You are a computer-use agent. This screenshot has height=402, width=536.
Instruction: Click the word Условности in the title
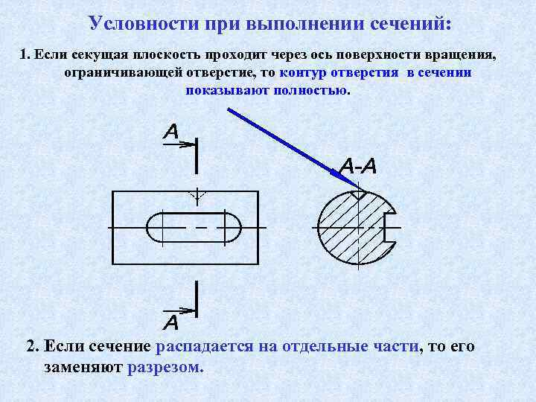pyautogui.click(x=137, y=22)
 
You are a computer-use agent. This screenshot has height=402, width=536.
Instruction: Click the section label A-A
pyautogui.click(x=358, y=166)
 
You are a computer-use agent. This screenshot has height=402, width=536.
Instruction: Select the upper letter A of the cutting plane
pyautogui.click(x=171, y=133)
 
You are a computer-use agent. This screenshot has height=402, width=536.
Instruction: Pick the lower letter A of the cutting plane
pyautogui.click(x=171, y=323)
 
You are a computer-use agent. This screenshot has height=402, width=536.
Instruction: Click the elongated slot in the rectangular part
pyautogui.click(x=194, y=226)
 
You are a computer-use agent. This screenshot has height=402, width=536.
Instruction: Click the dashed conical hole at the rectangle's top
pyautogui.click(x=197, y=197)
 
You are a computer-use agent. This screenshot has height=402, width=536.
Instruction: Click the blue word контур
pyautogui.click(x=304, y=74)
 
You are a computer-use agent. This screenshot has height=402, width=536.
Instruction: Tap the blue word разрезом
pyautogui.click(x=165, y=367)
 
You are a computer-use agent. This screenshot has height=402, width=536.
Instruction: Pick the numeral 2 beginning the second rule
pyautogui.click(x=31, y=347)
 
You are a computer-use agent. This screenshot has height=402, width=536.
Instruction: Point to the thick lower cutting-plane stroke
pyautogui.click(x=196, y=296)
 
